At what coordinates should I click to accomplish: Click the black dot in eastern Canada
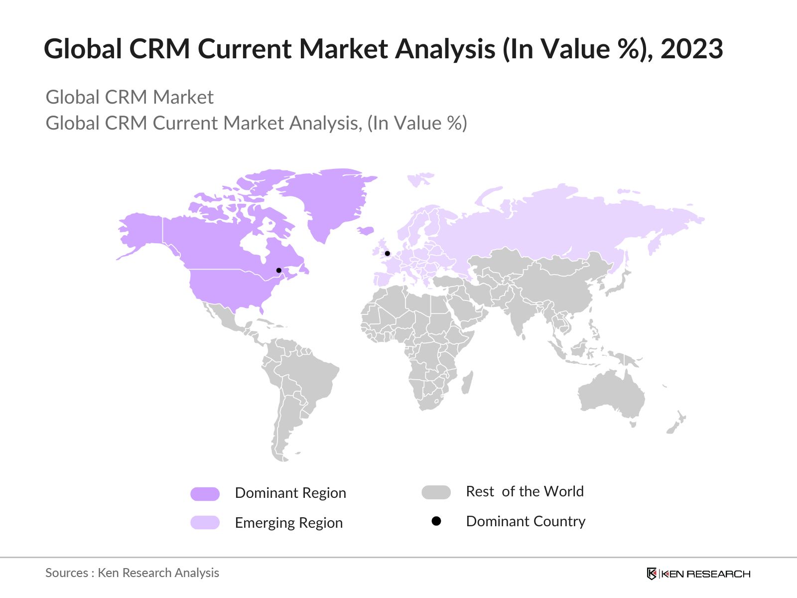[279, 270]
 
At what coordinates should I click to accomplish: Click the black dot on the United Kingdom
[387, 254]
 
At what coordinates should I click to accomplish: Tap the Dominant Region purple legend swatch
[205, 494]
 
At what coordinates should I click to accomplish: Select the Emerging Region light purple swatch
[205, 522]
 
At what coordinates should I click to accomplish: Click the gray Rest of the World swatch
[436, 492]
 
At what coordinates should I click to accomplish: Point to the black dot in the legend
[436, 521]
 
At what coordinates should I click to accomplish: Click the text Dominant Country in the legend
[526, 521]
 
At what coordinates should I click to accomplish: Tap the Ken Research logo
[698, 574]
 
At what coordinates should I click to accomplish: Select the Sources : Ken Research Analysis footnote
[132, 573]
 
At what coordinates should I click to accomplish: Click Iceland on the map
[366, 230]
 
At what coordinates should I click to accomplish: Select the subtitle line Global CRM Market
[130, 97]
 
